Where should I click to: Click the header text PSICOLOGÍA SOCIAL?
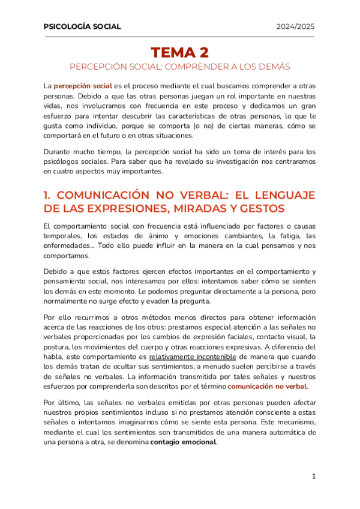pos(82,26)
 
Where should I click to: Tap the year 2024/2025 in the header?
pos(295,26)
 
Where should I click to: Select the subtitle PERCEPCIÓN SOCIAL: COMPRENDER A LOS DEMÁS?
pos(179,66)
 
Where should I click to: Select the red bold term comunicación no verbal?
pos(267,370)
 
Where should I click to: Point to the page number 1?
pos(313,477)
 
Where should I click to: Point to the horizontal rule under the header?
pos(179,37)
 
